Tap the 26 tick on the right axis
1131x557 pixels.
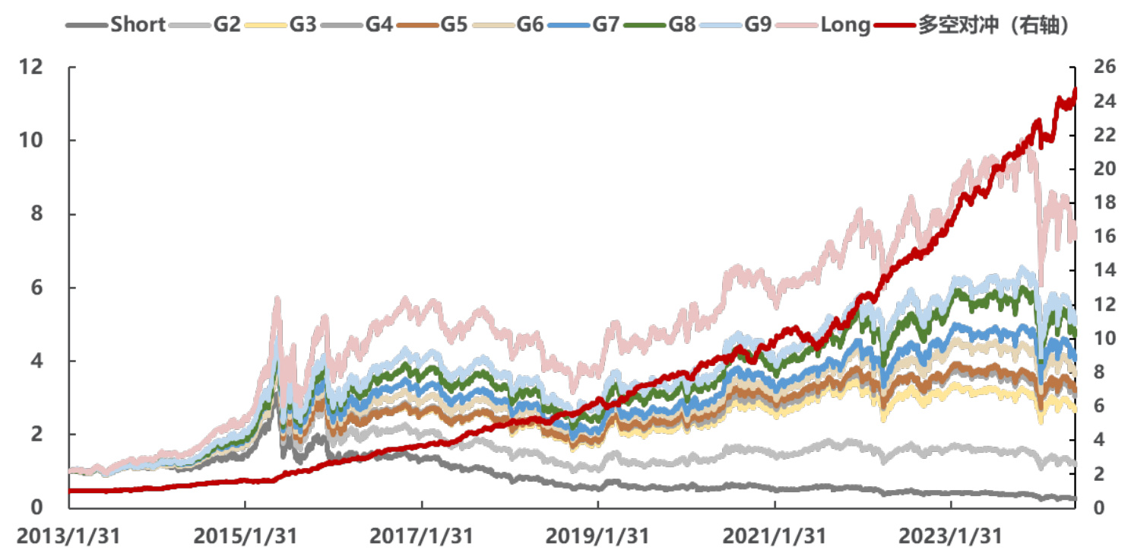coord(1104,67)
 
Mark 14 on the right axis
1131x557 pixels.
coord(1104,270)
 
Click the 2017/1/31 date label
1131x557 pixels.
coord(421,536)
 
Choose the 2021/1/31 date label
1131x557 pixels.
coord(774,536)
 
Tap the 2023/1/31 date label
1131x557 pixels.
coord(950,536)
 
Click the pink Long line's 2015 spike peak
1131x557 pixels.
coord(277,300)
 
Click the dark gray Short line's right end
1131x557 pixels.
coord(1073,498)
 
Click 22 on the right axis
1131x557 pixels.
coord(1104,135)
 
